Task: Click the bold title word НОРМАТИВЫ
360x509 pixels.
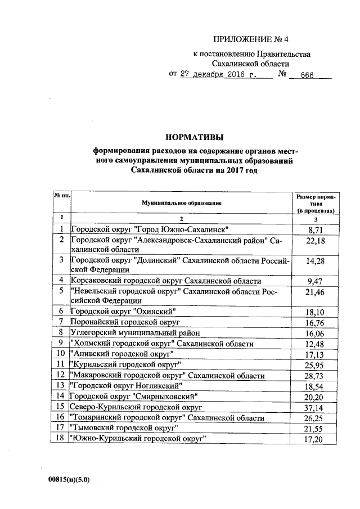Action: pos(194,137)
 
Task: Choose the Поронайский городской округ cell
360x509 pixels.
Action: pos(124,323)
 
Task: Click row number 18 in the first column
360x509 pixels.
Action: pos(61,438)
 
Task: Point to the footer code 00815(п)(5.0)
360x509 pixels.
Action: pos(69,479)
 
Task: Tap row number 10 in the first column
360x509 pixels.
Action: pos(61,354)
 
